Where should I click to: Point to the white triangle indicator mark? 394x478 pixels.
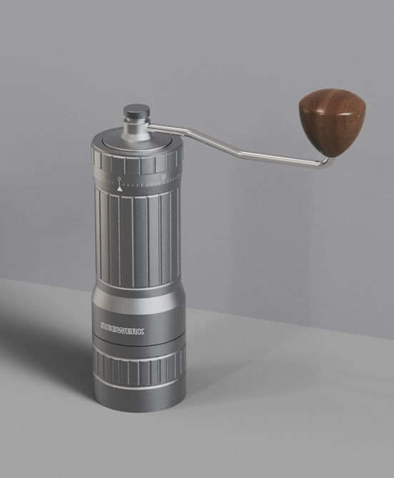(x=119, y=188)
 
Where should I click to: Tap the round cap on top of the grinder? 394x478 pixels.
(x=136, y=112)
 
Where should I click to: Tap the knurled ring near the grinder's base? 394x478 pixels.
(x=138, y=367)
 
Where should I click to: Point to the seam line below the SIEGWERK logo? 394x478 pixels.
(x=138, y=342)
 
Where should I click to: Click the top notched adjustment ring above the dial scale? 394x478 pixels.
(x=137, y=162)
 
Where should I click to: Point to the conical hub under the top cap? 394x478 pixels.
(x=136, y=130)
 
